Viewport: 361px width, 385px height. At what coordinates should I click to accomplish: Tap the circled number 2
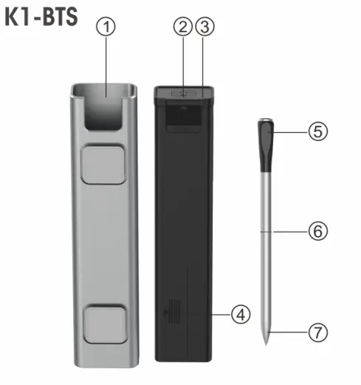click(x=182, y=27)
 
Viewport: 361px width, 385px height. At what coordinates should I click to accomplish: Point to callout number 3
click(x=205, y=27)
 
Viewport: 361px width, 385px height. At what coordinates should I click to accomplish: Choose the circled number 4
click(x=239, y=315)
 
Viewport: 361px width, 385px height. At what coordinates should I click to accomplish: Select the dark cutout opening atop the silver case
click(x=106, y=108)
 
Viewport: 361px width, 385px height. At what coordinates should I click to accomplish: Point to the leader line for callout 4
click(x=221, y=315)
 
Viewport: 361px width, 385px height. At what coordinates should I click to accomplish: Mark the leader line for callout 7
click(x=288, y=333)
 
